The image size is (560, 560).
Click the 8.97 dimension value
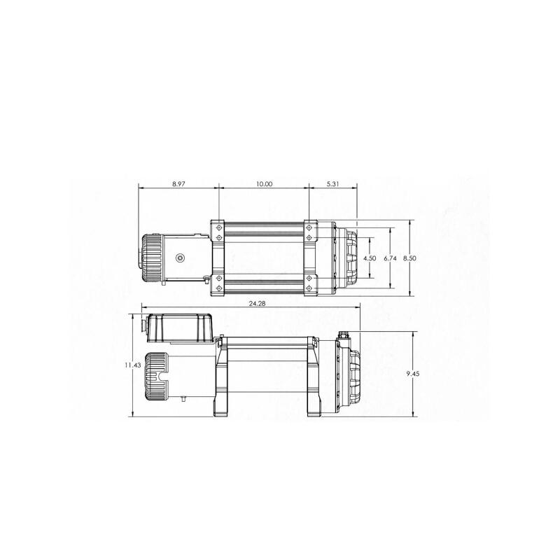(x=178, y=184)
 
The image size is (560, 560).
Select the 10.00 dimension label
(x=264, y=184)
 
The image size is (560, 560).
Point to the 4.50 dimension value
(x=370, y=258)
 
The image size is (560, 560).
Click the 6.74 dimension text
(x=391, y=258)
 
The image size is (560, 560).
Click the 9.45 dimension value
(x=413, y=374)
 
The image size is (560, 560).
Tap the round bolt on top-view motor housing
(x=180, y=258)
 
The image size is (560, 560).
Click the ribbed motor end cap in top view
(x=151, y=258)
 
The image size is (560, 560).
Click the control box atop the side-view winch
(x=181, y=328)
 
